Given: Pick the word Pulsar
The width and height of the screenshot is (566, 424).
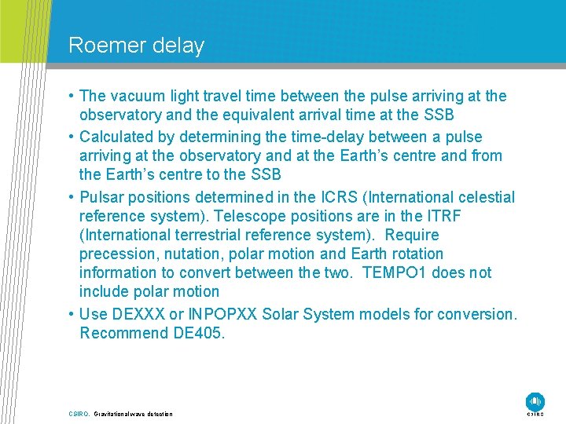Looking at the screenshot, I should [x=102, y=197].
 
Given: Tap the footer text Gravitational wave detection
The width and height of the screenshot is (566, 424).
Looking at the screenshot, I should [x=133, y=414].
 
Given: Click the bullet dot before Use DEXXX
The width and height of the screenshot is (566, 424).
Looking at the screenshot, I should [x=72, y=314].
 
